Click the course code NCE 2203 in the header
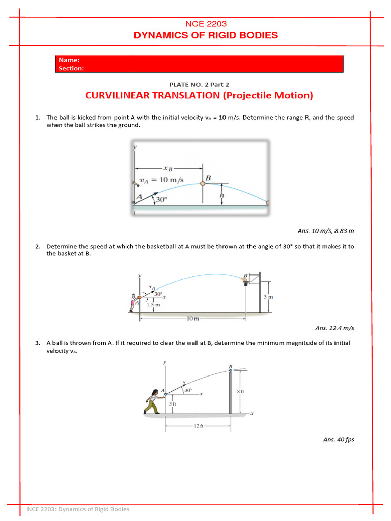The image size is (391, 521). (206, 24)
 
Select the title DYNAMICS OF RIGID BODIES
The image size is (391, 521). (206, 35)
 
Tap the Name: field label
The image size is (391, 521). (69, 60)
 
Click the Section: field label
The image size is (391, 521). (71, 68)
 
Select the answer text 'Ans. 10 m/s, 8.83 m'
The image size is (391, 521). (326, 230)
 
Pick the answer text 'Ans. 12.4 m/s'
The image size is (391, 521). (334, 328)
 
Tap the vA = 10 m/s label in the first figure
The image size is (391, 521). (161, 180)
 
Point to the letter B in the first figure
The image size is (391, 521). (208, 178)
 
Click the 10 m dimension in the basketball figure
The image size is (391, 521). (192, 319)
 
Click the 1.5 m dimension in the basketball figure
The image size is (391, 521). (153, 305)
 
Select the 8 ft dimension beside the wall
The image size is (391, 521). (241, 391)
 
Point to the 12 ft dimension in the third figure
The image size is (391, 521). (199, 426)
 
